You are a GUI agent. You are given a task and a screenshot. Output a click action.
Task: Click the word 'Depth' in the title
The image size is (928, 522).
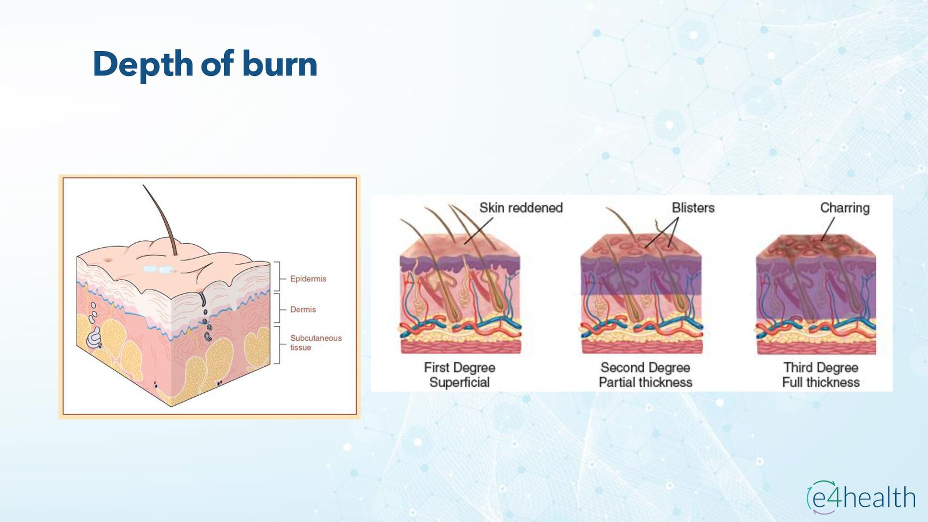pos(143,65)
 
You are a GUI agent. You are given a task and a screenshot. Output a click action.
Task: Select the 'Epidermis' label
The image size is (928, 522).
pos(308,279)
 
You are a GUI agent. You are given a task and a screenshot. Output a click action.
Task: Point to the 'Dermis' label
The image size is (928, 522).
pos(303,309)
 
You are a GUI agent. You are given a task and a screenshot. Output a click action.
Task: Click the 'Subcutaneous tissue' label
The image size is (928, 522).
pos(315,343)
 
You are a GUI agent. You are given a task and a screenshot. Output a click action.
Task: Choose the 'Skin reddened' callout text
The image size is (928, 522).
pos(521,208)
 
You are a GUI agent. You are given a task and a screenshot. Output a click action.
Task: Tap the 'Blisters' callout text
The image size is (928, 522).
pos(693,208)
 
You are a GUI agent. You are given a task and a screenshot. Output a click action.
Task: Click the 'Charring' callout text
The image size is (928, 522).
pos(844,208)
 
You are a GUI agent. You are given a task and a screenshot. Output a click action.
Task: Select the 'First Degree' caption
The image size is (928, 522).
pos(459,368)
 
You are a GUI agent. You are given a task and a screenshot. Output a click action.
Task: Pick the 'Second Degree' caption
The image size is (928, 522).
pos(645,368)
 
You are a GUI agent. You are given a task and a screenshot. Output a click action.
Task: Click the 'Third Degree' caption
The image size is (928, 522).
pos(821,368)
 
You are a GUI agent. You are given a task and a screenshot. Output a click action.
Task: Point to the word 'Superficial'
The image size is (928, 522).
pos(459,383)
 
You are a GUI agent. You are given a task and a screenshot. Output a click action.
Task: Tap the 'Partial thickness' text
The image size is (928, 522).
pos(645,383)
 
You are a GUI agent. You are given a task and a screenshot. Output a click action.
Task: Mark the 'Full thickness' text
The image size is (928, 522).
pos(821,383)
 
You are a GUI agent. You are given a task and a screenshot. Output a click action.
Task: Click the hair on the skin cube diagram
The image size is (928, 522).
pos(160,213)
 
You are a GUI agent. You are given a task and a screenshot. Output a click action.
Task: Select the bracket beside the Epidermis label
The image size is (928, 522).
pos(278,276)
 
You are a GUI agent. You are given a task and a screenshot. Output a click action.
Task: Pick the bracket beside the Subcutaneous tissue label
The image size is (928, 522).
pos(278,344)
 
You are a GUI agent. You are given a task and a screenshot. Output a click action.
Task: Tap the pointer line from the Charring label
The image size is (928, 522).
pos(828,228)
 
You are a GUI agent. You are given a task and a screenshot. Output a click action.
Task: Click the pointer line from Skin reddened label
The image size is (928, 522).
pos(478,231)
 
